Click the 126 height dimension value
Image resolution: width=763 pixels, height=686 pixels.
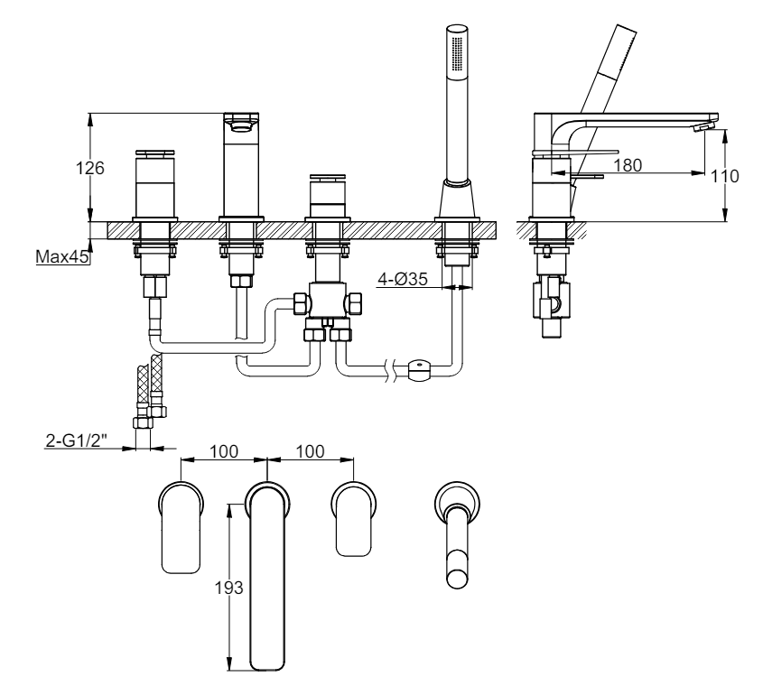[89, 168]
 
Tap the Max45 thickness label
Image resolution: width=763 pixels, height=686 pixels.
[62, 256]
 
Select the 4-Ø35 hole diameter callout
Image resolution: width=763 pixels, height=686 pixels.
[403, 279]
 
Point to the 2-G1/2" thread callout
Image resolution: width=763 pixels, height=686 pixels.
[76, 440]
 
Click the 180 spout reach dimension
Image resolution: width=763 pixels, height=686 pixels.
[628, 165]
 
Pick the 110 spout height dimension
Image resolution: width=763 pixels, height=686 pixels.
[724, 176]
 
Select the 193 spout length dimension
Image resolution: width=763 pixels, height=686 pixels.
[228, 588]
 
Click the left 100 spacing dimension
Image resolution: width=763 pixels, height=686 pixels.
[224, 451]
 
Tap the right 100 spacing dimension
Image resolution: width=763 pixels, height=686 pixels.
[310, 451]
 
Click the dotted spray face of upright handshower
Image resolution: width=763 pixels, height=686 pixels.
[457, 52]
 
